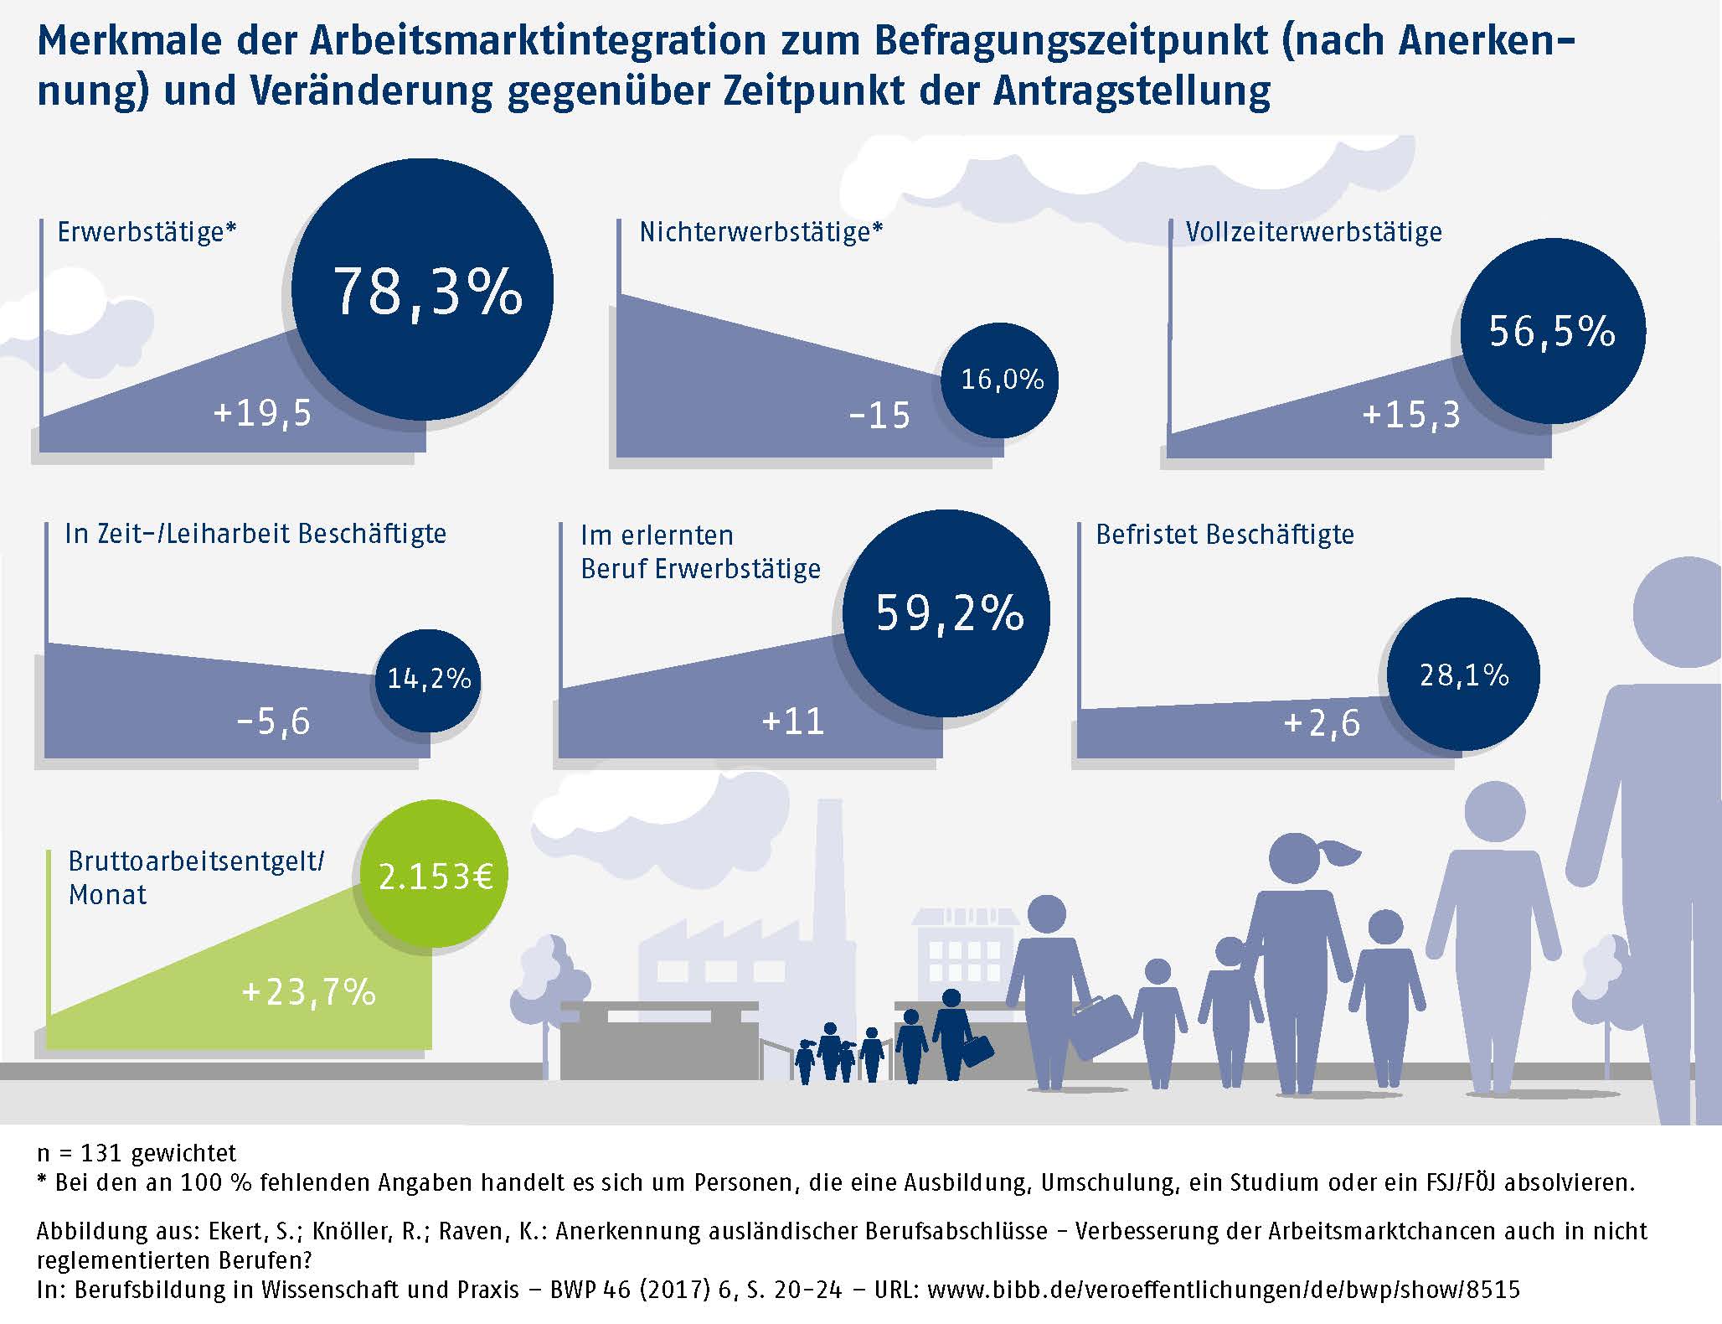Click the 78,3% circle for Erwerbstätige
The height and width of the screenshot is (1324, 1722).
pos(423,289)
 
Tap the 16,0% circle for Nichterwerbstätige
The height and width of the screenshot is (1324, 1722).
pos(1000,380)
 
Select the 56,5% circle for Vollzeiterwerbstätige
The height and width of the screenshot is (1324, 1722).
pos(1552,330)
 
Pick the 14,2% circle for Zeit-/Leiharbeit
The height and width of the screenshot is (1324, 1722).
pos(428,679)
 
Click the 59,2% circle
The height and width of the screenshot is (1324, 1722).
pos(946,613)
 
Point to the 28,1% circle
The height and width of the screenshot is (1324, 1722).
pos(1463,675)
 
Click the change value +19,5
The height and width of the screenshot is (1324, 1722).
pos(262,413)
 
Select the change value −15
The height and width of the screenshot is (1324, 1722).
pos(879,416)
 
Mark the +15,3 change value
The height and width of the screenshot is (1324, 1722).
pos(1410,415)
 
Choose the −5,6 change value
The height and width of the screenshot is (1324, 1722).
pos(273,721)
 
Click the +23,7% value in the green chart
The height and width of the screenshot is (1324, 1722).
pos(308,992)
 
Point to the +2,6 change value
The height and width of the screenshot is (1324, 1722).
pos(1321,723)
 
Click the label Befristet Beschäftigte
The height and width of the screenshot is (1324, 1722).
pos(1224,535)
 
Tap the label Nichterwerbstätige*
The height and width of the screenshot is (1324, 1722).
pos(760,232)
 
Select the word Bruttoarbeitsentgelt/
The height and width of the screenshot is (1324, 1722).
pos(196,861)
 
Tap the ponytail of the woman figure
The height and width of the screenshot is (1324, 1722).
pos(1340,855)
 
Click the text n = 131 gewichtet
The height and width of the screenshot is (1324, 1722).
pos(137,1154)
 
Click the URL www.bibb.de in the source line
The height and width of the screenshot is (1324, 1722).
pos(1223,1290)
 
